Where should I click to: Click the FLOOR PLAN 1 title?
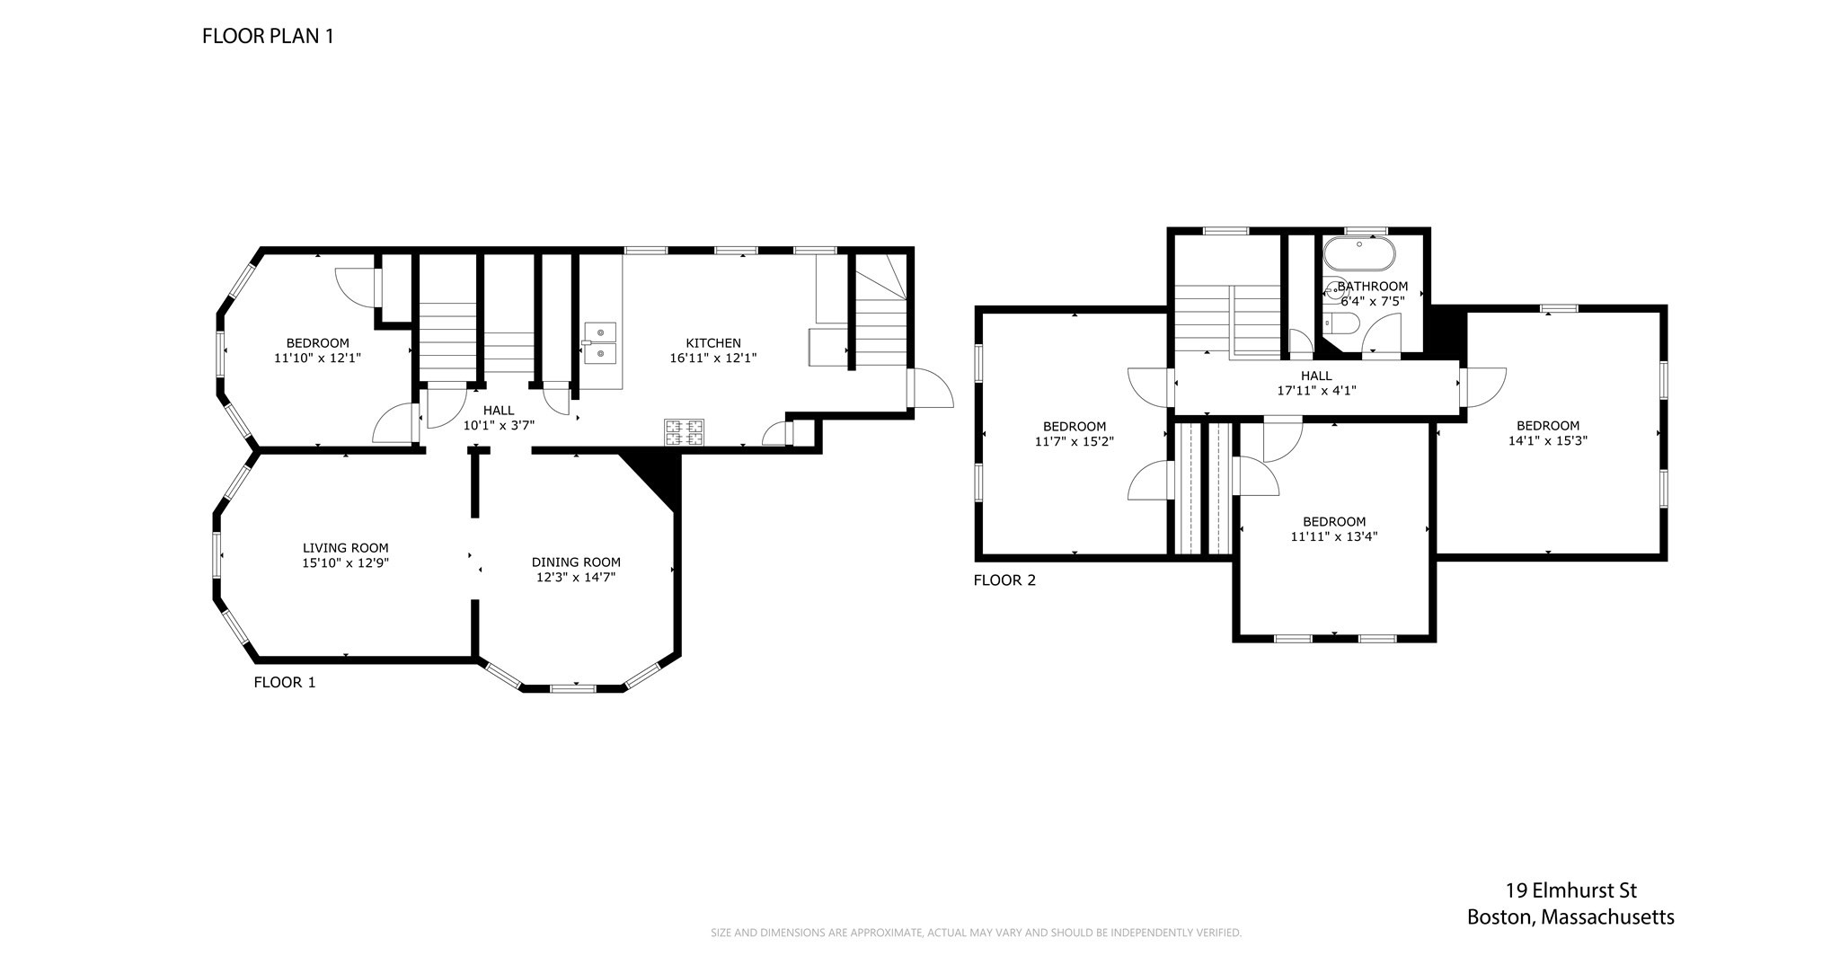pos(268,36)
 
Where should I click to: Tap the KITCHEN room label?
pos(713,343)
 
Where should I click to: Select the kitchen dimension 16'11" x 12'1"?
pos(713,358)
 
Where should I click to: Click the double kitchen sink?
pos(600,343)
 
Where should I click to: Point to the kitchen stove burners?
pos(684,432)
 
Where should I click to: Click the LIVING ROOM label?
pos(346,548)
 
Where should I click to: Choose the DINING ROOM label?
pos(576,562)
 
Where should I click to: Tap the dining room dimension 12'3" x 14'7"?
pos(576,577)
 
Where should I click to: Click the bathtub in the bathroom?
pos(1359,253)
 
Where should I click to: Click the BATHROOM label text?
pos(1372,287)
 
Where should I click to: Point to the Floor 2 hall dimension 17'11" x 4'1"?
pos(1316,391)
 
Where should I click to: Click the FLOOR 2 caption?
pos(1004,580)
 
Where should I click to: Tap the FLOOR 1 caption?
pos(285,682)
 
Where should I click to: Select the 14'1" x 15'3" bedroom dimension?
pos(1548,440)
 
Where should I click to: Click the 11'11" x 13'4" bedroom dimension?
pos(1334,536)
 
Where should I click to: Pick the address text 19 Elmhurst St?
pos(1571,890)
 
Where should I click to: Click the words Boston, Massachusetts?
pos(1570,917)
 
